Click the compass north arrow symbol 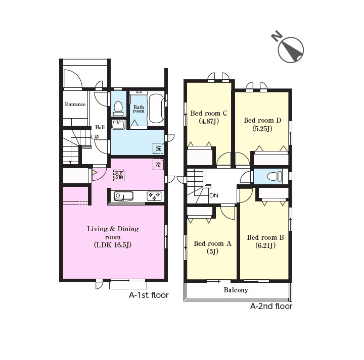(x=291, y=49)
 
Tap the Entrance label (x=75, y=105)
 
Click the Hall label (x=100, y=127)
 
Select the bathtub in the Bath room (x=156, y=109)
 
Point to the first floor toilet (x=118, y=109)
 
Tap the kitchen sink (x=123, y=196)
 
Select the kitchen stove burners (x=154, y=196)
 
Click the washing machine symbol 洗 (x=158, y=148)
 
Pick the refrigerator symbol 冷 (x=158, y=165)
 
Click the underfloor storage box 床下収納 (x=119, y=176)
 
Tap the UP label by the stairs (x=96, y=137)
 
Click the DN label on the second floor (x=214, y=195)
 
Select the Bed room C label (x=209, y=113)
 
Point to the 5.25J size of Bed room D (x=262, y=129)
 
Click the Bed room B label (x=265, y=237)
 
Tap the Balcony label (x=236, y=290)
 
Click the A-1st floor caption (x=149, y=295)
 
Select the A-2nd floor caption (x=271, y=306)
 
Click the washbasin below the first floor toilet (x=118, y=124)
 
